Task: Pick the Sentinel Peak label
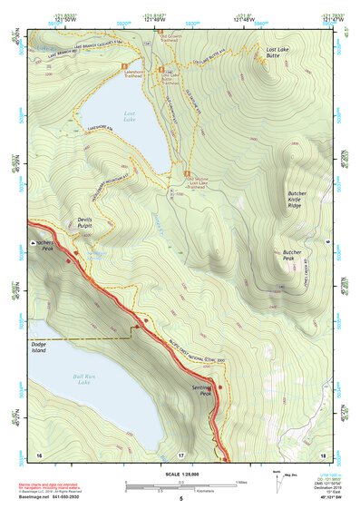click(x=202, y=389)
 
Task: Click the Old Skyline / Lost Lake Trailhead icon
click(x=188, y=173)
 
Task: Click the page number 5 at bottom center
click(x=180, y=499)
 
